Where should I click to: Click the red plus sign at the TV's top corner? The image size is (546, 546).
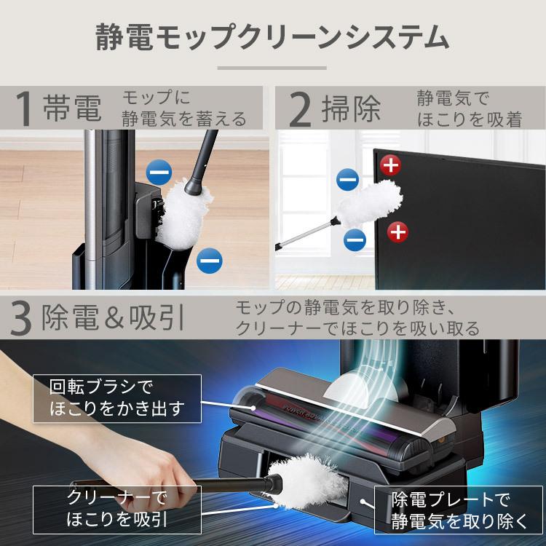(391, 166)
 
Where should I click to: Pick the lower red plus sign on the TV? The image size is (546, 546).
(397, 232)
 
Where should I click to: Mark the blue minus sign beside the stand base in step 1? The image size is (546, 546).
(210, 258)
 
